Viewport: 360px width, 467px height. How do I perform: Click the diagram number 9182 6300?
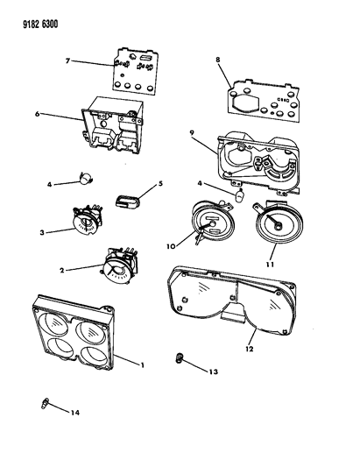(x=40, y=24)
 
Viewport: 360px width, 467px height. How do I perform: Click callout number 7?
(x=67, y=60)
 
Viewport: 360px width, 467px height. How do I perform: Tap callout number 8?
(x=218, y=60)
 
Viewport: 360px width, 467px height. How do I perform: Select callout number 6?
(x=37, y=114)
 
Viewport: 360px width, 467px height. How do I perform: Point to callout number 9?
(x=192, y=132)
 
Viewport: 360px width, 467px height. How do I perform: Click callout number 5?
(x=160, y=183)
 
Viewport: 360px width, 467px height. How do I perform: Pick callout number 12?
(x=250, y=349)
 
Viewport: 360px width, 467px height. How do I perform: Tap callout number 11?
(x=270, y=264)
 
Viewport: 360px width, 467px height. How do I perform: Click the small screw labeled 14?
(x=45, y=405)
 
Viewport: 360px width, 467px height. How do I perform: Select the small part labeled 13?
(x=180, y=357)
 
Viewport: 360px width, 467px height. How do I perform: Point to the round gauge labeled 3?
(x=87, y=222)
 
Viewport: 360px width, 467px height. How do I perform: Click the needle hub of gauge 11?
(x=278, y=227)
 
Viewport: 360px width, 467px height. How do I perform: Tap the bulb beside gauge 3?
(x=86, y=178)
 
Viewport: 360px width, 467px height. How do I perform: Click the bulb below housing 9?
(x=240, y=195)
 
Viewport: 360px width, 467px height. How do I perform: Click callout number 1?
(x=142, y=364)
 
